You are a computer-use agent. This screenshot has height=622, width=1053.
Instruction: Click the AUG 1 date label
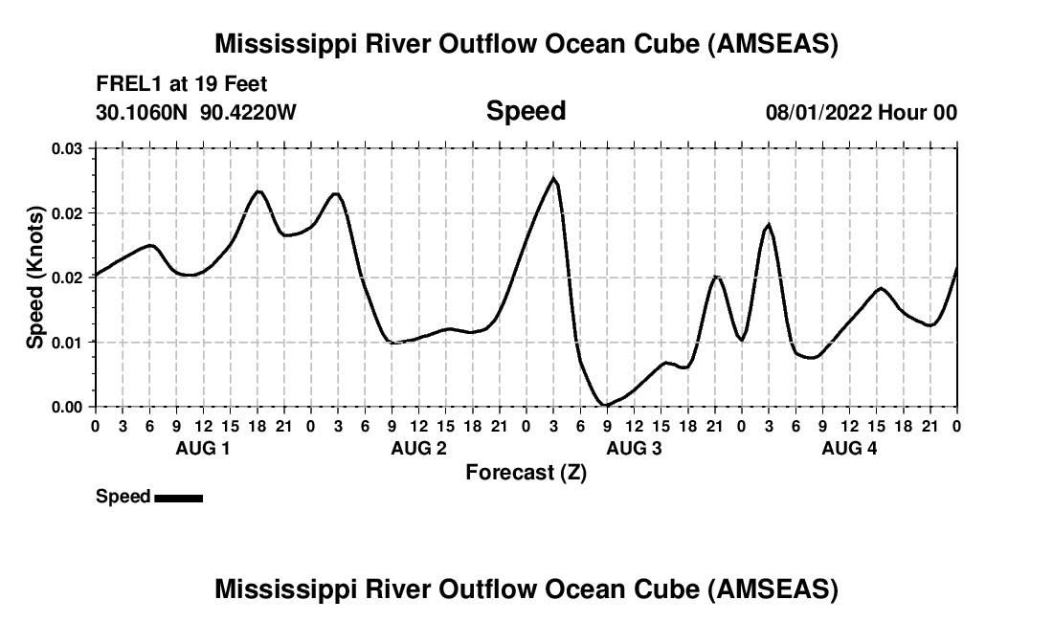point(203,448)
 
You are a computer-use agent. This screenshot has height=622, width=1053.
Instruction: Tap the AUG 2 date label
point(418,448)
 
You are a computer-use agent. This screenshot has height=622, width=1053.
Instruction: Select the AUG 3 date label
point(635,448)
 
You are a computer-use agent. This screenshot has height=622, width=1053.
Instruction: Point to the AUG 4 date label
point(850,448)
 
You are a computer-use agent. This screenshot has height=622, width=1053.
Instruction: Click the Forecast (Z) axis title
point(526,472)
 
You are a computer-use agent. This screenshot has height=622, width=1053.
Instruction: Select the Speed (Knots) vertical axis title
point(35,278)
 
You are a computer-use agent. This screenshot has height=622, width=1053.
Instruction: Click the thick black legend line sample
point(178,498)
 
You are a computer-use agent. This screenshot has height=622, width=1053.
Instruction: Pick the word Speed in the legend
point(123,497)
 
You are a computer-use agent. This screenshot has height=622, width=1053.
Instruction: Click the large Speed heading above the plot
point(526,111)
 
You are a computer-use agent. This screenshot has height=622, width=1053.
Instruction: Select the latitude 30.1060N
point(144,112)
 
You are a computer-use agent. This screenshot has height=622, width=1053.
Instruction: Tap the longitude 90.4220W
point(249,112)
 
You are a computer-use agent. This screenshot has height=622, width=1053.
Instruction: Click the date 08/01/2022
point(818,112)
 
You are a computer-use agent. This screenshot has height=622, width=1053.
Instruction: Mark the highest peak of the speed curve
point(553,178)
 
